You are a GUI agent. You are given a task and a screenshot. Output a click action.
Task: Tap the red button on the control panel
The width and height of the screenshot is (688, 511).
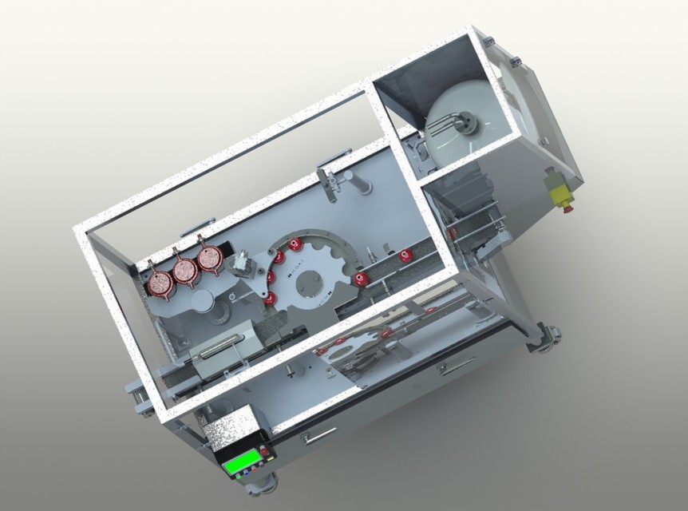tap(264, 453)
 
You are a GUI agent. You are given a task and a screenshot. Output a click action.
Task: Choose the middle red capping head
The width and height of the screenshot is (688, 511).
tap(186, 271)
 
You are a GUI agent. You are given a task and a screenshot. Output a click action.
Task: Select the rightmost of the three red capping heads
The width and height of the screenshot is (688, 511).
tap(211, 259)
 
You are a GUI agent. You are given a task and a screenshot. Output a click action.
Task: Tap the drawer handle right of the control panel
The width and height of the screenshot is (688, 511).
tap(318, 435)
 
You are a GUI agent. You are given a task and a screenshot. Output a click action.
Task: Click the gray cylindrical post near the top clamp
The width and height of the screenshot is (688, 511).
tap(358, 183)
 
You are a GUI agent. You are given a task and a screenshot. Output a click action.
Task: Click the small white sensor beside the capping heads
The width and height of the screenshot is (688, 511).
tap(240, 261)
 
